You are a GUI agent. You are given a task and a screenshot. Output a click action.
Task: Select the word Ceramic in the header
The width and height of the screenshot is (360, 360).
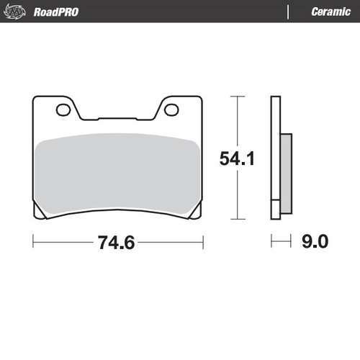330,12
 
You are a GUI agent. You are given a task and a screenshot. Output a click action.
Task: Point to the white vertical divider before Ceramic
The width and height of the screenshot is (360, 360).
289,12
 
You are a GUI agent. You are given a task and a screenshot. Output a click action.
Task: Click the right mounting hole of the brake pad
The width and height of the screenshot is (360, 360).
171,110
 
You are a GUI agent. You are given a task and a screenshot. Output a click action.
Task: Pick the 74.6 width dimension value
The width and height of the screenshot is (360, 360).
116,243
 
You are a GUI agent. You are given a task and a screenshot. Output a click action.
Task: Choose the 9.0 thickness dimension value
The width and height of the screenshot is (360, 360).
314,243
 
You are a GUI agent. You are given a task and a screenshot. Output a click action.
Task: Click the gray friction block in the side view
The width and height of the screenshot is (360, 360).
284,173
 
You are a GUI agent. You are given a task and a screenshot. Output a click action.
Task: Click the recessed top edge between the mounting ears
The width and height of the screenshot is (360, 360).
117,117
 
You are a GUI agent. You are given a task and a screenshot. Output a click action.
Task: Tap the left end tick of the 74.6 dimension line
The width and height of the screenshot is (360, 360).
33,243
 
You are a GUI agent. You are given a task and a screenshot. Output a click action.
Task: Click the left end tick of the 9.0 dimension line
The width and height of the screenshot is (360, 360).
271,243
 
